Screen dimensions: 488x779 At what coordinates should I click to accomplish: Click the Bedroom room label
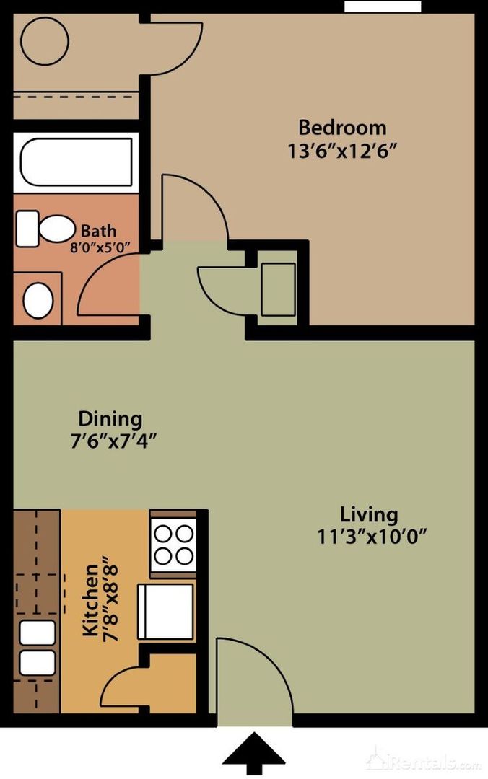pos(342,128)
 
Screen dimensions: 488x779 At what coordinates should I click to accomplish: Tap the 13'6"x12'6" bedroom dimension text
pos(344,151)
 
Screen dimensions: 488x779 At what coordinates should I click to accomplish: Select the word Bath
pos(98,231)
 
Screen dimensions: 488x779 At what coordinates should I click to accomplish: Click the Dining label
pos(110,419)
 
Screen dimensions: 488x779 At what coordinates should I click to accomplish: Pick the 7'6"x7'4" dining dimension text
pos(114,441)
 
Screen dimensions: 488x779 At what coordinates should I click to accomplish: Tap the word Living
pos(369,515)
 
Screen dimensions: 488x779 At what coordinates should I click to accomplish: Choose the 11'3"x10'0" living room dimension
pos(372,537)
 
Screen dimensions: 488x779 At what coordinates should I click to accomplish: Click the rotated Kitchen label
pos(91,600)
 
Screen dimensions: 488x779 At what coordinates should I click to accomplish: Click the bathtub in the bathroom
pos(76,162)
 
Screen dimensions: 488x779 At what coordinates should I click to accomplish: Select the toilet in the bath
pos(45,229)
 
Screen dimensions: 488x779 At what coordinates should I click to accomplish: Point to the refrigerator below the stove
pos(165,612)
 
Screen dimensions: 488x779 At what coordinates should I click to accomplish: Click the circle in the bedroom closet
pos(45,41)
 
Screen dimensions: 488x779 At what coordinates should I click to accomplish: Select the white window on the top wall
pos(383,6)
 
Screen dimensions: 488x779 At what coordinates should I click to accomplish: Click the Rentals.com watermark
pos(424,761)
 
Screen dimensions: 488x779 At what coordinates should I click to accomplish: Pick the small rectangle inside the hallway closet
pos(278,289)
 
